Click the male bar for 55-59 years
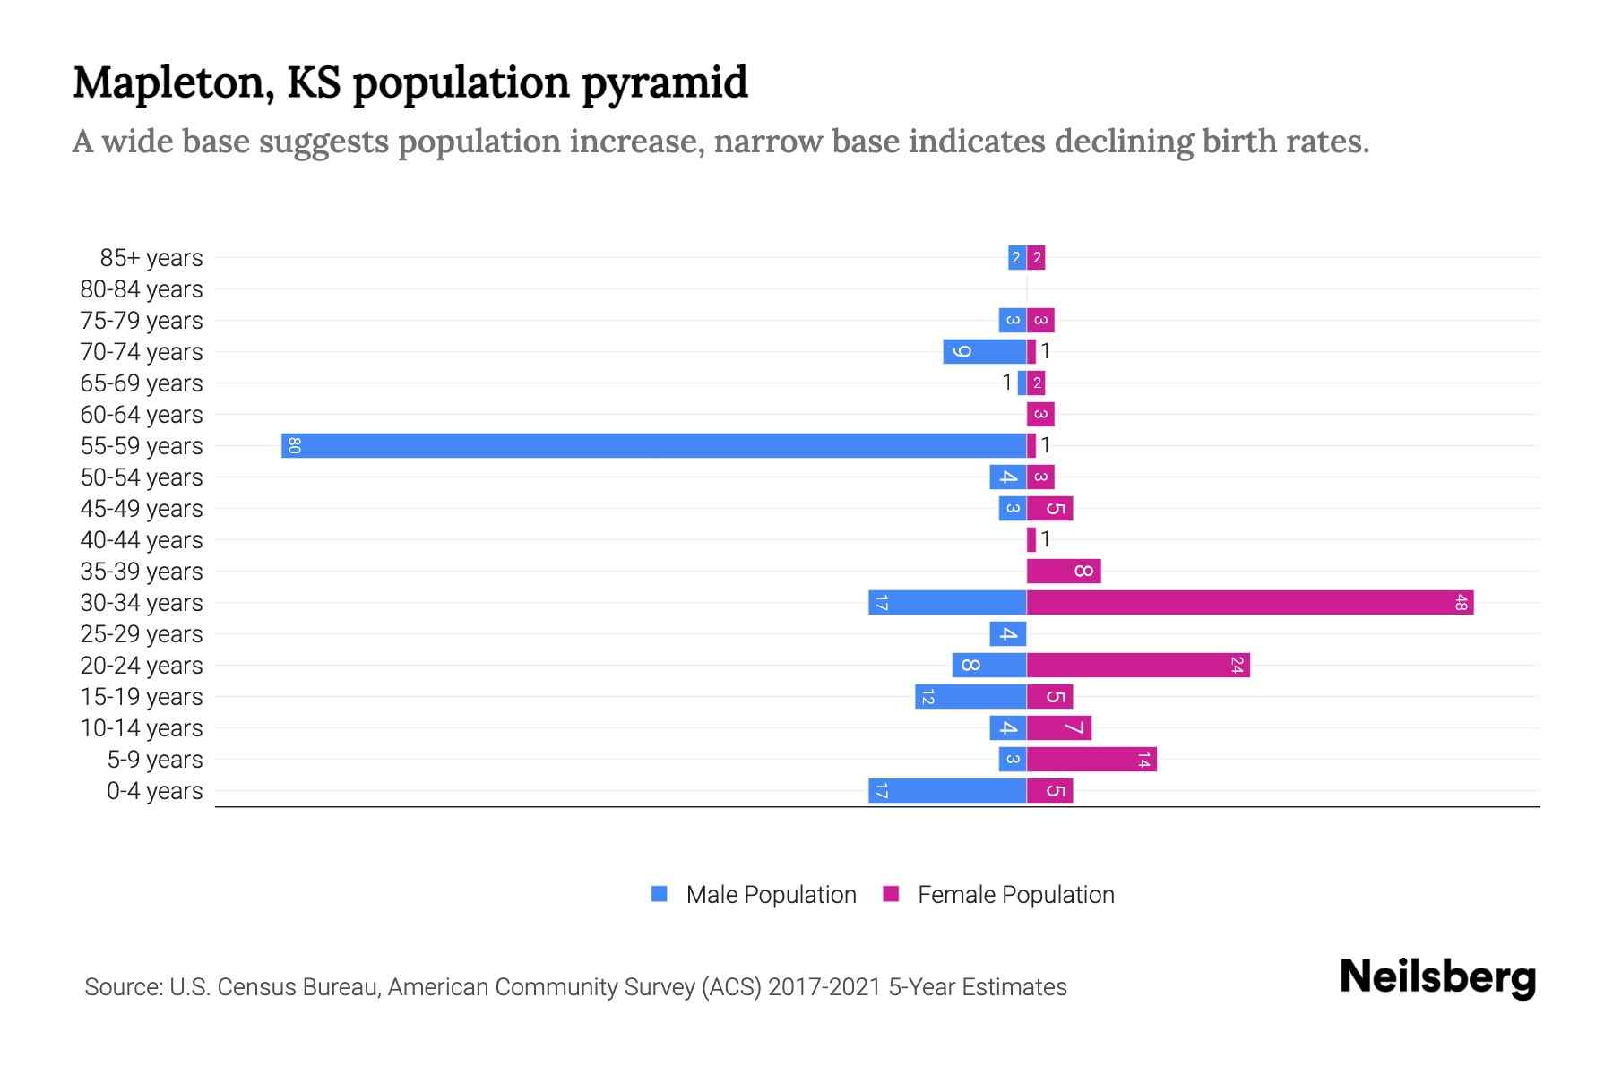[x=654, y=445]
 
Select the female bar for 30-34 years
[x=1250, y=602]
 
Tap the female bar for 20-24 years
[x=1138, y=665]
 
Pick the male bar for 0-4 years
[x=947, y=790]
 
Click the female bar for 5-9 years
[x=1091, y=759]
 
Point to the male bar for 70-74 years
[x=984, y=351]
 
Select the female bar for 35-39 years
[x=1064, y=571]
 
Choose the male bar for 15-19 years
[x=970, y=696]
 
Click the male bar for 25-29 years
[x=1008, y=633]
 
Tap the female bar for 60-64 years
[x=1040, y=414]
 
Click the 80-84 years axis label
[x=142, y=289]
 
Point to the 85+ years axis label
[x=151, y=258]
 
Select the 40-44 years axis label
[x=142, y=540]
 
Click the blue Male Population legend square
[x=660, y=894]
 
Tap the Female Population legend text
[x=1015, y=894]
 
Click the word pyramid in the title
[x=664, y=83]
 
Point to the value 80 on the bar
[x=294, y=445]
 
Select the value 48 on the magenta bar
[x=1461, y=602]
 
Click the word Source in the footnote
[x=123, y=987]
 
